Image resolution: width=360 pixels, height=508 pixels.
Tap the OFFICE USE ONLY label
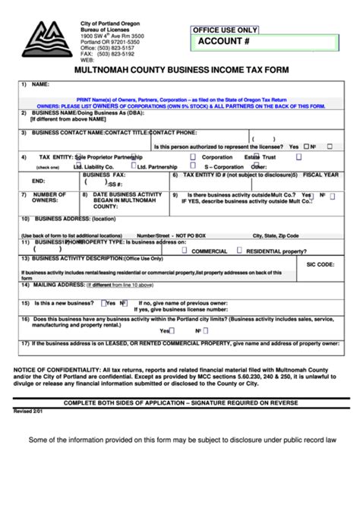(x=225, y=30)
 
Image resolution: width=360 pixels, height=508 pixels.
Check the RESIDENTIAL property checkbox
(x=239, y=248)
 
